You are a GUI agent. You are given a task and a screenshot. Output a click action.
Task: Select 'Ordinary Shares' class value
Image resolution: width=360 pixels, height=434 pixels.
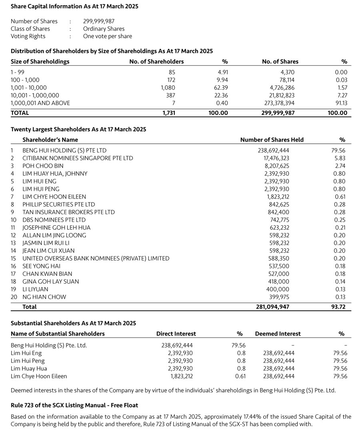tap(104, 29)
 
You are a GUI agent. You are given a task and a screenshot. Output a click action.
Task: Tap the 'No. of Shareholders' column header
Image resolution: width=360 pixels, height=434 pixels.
tap(156, 62)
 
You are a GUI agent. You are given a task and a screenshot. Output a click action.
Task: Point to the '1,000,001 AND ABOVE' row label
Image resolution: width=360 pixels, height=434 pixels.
tap(40, 103)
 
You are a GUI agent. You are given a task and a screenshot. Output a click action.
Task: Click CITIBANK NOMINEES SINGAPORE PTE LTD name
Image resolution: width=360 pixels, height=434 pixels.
tap(78, 158)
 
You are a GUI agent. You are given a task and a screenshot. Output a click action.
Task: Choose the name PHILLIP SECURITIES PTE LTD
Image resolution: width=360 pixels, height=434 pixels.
tap(59, 204)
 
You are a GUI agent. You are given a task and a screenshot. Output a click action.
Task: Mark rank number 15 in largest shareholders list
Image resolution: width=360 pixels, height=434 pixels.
tap(14, 258)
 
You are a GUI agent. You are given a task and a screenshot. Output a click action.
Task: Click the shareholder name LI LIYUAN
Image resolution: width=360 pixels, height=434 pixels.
tap(35, 289)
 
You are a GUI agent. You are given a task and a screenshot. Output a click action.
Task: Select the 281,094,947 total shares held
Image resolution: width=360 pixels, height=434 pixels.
tap(272, 307)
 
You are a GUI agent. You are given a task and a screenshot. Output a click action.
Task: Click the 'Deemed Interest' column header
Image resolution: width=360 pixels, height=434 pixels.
tap(278, 334)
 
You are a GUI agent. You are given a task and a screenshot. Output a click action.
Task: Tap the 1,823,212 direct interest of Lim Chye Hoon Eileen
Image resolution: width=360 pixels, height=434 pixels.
tap(180, 376)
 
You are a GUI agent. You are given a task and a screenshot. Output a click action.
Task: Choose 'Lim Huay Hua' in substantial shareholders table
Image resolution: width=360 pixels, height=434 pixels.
tap(29, 368)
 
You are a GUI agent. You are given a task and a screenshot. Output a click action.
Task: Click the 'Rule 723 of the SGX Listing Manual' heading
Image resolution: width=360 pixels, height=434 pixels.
tap(74, 406)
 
